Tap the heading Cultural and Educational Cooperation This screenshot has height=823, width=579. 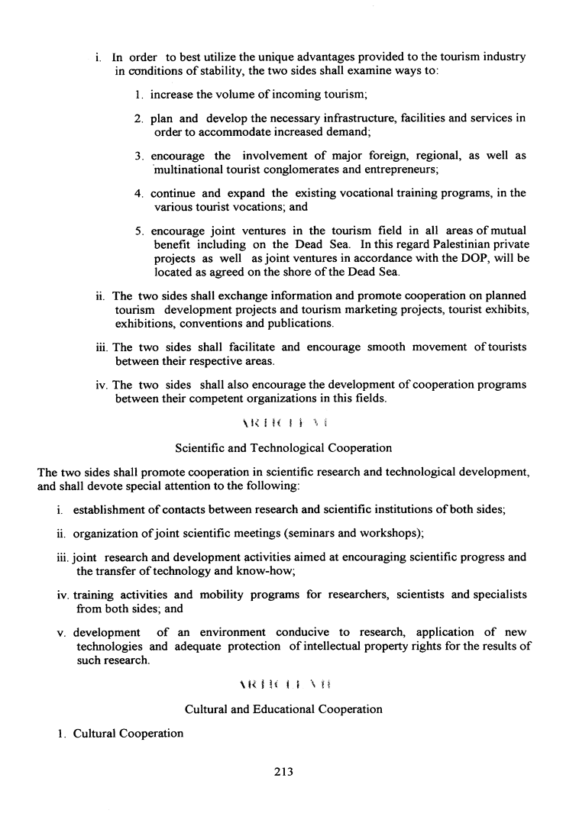pos(283,709)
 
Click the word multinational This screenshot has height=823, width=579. pos(188,169)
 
